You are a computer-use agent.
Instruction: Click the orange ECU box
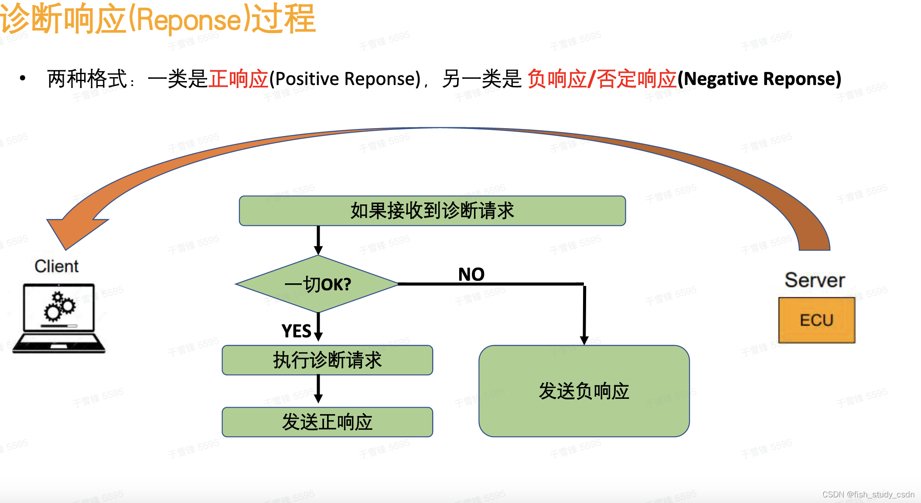(x=816, y=320)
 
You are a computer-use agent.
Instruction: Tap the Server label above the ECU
(x=815, y=280)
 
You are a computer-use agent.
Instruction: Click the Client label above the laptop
(x=57, y=266)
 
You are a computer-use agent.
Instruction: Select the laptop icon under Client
(x=59, y=318)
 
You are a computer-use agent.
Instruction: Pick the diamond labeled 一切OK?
(x=317, y=284)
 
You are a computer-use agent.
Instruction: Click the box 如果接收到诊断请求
(x=432, y=211)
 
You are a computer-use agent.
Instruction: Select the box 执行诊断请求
(x=327, y=360)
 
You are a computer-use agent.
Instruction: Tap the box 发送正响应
(x=327, y=422)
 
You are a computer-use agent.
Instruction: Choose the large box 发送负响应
(x=584, y=391)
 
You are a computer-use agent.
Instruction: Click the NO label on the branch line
(x=471, y=274)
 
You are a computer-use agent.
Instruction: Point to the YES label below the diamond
(x=296, y=331)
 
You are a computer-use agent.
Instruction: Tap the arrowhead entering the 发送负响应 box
(x=584, y=340)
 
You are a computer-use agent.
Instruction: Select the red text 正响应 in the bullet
(x=238, y=79)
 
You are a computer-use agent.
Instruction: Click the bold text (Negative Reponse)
(x=759, y=79)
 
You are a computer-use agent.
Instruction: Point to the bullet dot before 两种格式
(x=23, y=79)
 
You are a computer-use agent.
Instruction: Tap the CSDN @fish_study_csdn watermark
(x=868, y=494)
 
